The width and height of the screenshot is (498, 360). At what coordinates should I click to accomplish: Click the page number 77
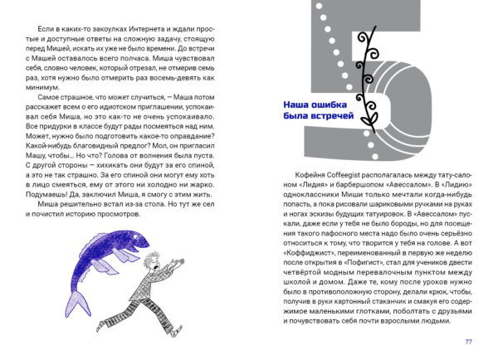click(468, 341)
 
